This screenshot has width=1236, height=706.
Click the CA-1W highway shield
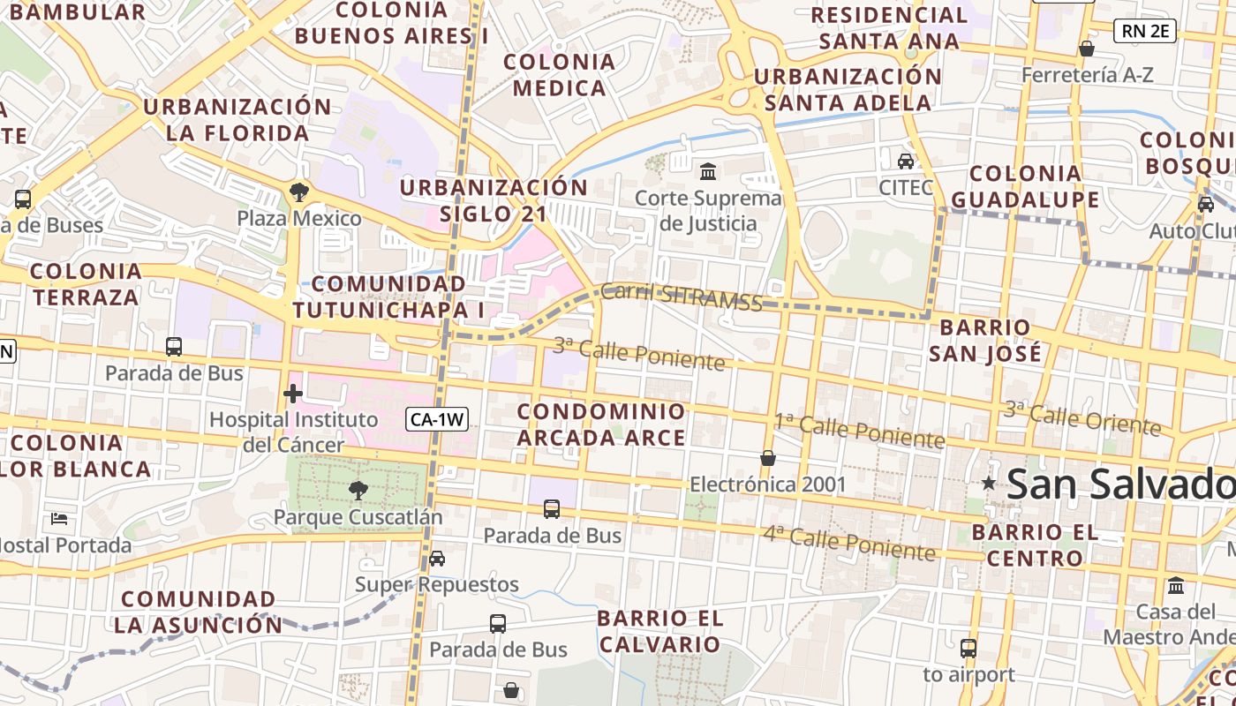coord(437,420)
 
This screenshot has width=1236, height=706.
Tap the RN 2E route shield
coord(1145,32)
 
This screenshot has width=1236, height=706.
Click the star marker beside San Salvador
coord(989,483)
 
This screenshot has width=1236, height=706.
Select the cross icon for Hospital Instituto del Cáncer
coord(293,394)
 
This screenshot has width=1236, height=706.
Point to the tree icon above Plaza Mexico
coord(299,192)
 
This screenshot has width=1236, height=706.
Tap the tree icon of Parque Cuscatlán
coord(358,490)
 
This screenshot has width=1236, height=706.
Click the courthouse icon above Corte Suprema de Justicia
coord(707,170)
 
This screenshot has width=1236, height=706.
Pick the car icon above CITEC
coord(906,161)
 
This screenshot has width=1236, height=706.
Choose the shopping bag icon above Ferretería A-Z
coord(1087,49)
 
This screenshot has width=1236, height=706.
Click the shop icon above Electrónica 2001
coord(768,458)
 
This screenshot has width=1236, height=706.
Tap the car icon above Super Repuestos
coord(436,559)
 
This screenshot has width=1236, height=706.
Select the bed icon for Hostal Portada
coord(59,518)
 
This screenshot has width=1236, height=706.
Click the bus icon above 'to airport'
coord(968,649)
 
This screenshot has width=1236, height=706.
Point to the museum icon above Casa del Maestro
coord(1176,585)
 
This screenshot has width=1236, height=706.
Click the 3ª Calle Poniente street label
coord(638,353)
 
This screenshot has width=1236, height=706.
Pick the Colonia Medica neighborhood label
coord(559,75)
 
